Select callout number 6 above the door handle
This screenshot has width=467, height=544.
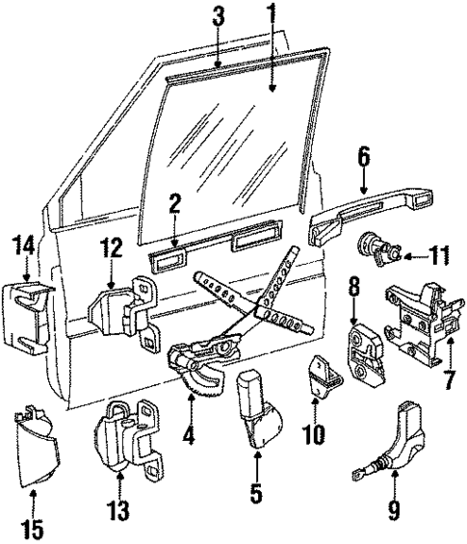tap(363, 153)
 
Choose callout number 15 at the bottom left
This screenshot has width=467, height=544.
tap(34, 528)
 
